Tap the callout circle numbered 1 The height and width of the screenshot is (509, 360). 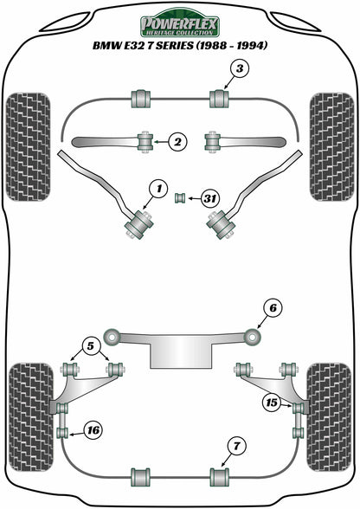point(157,187)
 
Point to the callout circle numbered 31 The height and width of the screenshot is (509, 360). point(209,198)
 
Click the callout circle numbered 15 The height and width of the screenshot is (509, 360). point(271,402)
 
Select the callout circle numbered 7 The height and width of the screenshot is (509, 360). point(234,446)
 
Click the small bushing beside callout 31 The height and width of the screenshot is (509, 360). point(182,198)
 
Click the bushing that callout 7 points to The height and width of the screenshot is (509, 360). point(219,476)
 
